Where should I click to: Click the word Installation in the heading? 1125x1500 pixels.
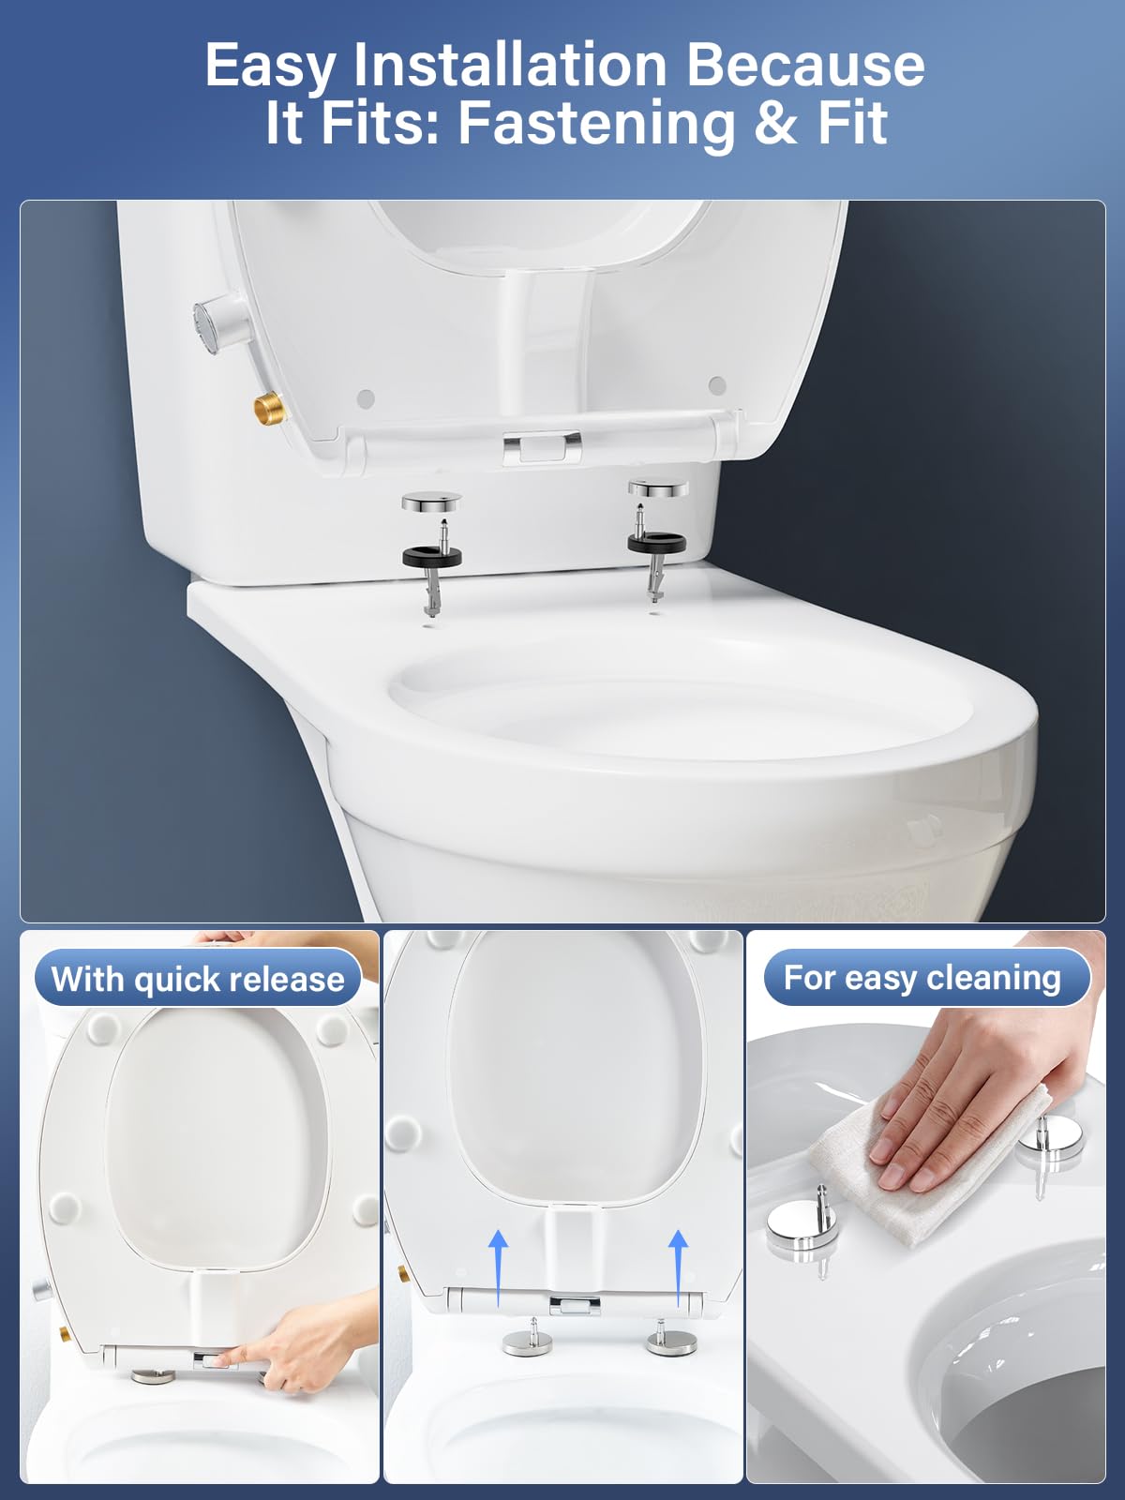[x=510, y=65]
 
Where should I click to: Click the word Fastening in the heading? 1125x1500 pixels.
[x=592, y=126]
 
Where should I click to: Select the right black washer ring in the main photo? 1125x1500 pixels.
[x=656, y=541]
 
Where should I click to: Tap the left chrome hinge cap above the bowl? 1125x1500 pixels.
[x=431, y=502]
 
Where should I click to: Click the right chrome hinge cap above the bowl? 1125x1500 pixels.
[x=658, y=487]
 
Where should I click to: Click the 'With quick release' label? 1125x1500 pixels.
[x=198, y=979]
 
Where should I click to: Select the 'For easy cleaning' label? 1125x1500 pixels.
[x=922, y=977]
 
